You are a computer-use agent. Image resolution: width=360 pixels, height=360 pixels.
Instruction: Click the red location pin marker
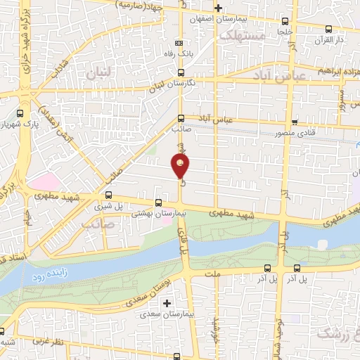(181, 165)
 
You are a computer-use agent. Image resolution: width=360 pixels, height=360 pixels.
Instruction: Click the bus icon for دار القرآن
(329, 29)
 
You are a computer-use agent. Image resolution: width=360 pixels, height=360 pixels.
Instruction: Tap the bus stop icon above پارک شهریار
(20, 112)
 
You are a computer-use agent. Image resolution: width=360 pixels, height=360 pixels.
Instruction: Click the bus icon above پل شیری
(108, 195)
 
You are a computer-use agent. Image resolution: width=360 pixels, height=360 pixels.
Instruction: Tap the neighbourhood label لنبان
(99, 72)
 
